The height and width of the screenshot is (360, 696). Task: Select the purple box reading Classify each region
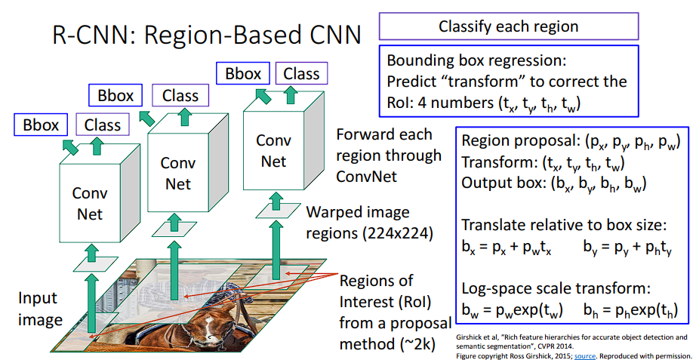pos(509,26)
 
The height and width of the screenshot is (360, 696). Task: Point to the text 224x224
pos(402,232)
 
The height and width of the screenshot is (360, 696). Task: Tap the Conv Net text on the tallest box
pos(273,150)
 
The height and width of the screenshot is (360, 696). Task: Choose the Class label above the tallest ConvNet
pos(301,73)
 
